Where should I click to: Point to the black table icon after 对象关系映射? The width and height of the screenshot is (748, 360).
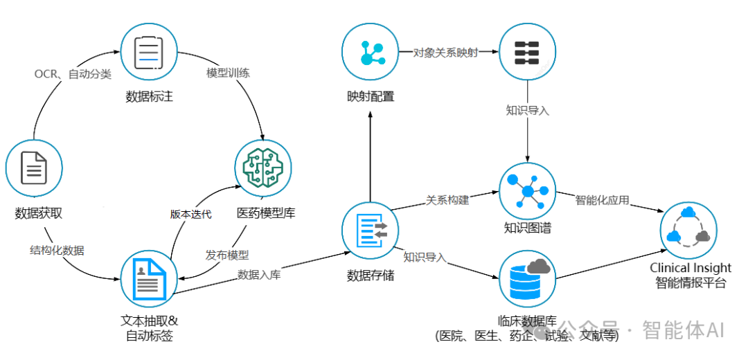pyautogui.click(x=528, y=53)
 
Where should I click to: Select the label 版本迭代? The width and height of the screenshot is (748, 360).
pyautogui.click(x=190, y=214)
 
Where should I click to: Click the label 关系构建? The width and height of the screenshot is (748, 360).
pyautogui.click(x=447, y=200)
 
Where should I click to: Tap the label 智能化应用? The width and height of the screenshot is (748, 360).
pyautogui.click(x=602, y=200)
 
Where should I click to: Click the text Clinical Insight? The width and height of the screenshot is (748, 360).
pyautogui.click(x=690, y=267)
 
